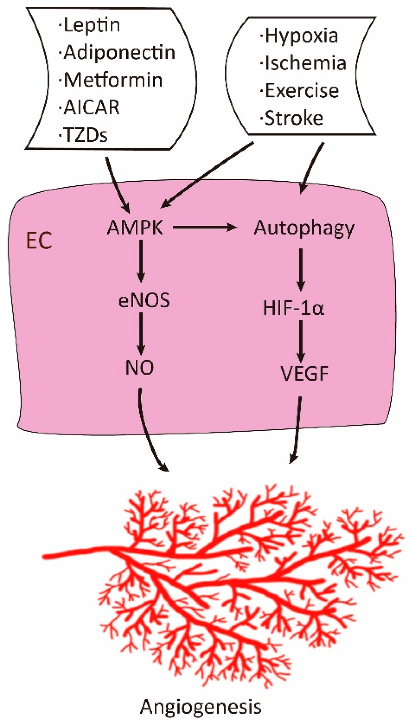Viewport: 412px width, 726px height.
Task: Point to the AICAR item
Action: point(91,107)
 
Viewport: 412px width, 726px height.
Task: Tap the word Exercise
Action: point(301,91)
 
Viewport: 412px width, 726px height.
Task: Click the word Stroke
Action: point(293,118)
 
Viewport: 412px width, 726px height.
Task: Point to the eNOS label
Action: point(144,300)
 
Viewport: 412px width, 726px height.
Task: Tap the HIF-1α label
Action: point(294,308)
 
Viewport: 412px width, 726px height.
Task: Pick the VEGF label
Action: point(304,374)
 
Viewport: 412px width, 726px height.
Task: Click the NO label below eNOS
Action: point(140,368)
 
